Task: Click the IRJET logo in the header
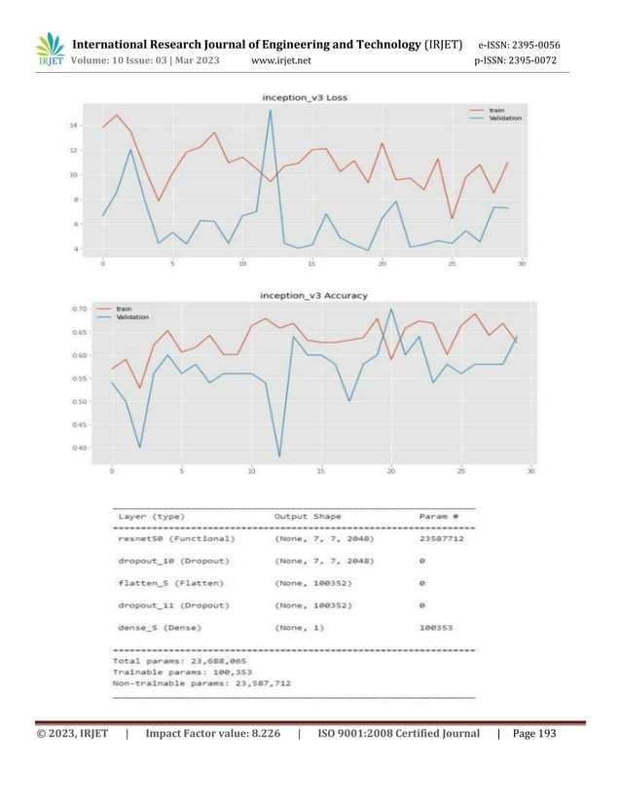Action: [49, 52]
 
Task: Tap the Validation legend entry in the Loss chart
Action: [504, 118]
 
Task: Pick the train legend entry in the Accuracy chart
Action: [124, 309]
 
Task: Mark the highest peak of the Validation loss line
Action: [271, 110]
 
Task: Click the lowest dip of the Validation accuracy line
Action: [279, 457]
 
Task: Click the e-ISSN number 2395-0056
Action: [533, 45]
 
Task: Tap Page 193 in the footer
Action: [533, 734]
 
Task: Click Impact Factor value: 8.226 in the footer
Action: [221, 734]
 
